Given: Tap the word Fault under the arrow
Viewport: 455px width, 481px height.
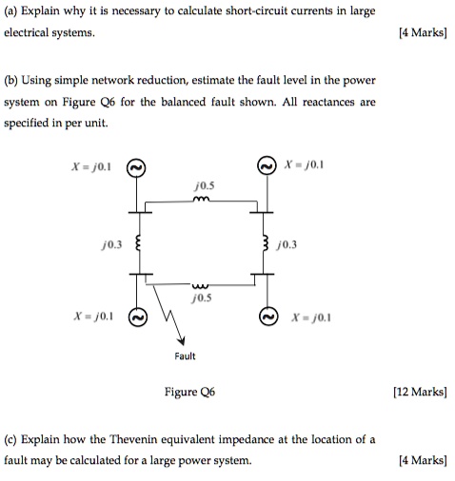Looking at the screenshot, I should click(x=185, y=356).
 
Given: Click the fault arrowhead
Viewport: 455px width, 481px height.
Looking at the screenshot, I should click(x=180, y=340).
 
